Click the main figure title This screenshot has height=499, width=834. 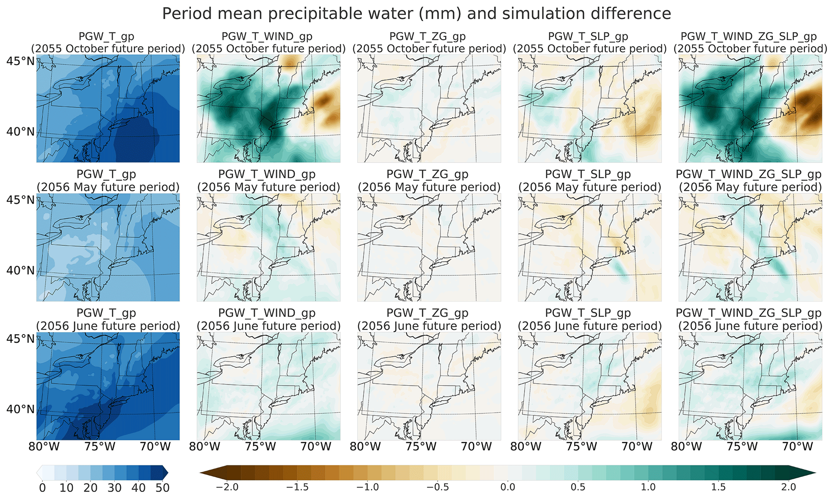point(416,14)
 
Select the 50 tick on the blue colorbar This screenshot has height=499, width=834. point(162,488)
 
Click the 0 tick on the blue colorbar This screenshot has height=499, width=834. point(43,488)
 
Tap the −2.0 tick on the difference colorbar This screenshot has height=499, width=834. point(227,487)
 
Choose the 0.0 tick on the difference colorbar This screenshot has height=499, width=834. point(508,487)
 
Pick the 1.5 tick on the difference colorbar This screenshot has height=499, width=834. point(718,487)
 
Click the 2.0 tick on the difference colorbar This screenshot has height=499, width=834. point(788,487)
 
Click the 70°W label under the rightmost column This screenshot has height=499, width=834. point(797,447)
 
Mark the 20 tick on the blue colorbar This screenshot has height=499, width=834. point(90,488)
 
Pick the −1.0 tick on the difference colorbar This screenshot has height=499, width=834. point(367,487)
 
